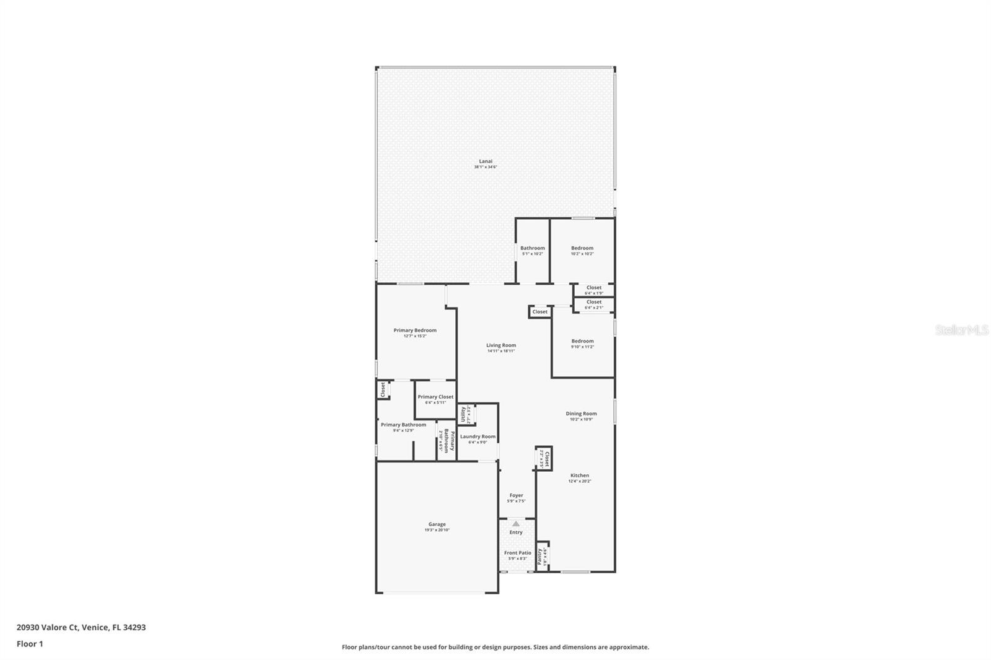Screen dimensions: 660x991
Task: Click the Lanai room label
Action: point(486,163)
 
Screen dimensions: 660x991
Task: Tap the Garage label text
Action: point(437,527)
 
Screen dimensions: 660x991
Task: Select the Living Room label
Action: point(500,348)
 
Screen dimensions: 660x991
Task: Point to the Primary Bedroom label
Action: point(415,332)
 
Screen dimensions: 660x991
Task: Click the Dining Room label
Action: point(581,416)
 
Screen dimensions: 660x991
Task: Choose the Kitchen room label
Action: point(580,478)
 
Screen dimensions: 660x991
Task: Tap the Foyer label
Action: point(516,498)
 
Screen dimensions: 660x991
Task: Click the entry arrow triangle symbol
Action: point(516,524)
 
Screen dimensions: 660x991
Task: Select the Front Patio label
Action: point(517,555)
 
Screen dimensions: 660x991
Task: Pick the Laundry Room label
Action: point(478,439)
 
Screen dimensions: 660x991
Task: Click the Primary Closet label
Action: point(435,399)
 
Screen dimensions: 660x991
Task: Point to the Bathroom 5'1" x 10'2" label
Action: point(532,250)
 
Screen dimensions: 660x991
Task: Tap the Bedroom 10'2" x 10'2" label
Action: point(582,250)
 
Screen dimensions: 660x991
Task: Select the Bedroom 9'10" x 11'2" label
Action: point(582,344)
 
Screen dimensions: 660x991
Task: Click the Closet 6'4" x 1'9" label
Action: point(593,290)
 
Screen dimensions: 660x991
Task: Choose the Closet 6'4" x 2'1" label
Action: point(593,304)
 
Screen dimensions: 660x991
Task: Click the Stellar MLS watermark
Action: point(961,330)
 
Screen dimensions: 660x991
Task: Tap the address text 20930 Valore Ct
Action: point(81,627)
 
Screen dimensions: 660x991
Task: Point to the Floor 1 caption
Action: point(30,644)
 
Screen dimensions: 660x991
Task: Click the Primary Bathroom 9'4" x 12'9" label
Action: point(403,427)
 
